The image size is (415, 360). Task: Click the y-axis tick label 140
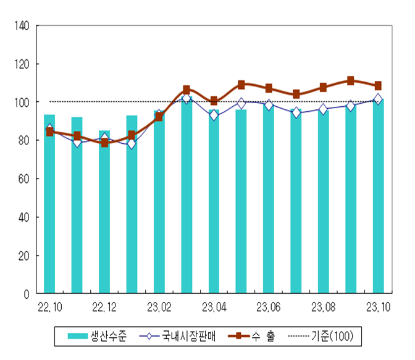tap(22, 26)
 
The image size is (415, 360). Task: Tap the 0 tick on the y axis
tap(27, 294)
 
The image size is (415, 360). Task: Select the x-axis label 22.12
tap(104, 307)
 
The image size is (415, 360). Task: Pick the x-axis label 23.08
tap(323, 307)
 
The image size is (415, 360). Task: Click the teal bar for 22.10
tap(49, 204)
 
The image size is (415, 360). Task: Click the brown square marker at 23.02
tap(159, 116)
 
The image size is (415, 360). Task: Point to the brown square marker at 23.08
tap(323, 88)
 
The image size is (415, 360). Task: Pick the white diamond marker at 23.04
tap(214, 115)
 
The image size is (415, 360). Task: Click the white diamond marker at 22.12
tap(104, 139)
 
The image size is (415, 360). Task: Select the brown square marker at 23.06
tap(269, 88)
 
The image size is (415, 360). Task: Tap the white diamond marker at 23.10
tap(378, 99)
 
